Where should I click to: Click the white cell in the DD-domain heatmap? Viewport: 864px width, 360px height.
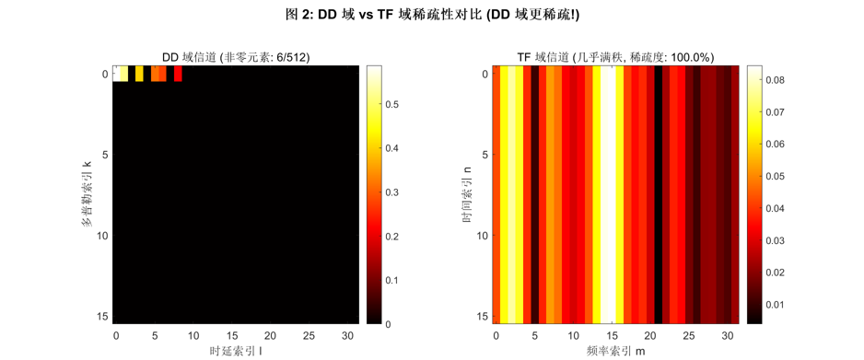(120, 74)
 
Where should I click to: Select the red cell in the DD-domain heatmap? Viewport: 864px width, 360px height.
(178, 74)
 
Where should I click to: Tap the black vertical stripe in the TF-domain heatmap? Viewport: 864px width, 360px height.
(658, 194)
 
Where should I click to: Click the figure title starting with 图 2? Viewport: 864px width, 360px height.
(432, 14)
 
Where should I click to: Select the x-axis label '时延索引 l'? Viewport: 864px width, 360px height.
(235, 351)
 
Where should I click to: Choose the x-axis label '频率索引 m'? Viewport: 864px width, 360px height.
(614, 351)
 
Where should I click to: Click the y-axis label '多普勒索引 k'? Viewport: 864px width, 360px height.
(87, 194)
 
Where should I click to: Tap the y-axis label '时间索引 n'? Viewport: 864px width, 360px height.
(467, 194)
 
